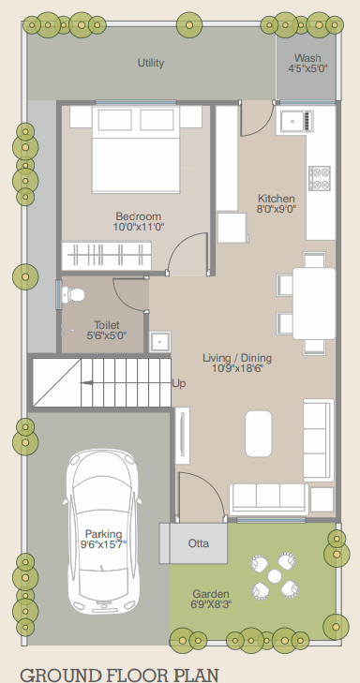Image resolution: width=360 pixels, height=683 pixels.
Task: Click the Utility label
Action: coord(151,64)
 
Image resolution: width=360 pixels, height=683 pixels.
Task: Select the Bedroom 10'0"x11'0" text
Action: coord(139,221)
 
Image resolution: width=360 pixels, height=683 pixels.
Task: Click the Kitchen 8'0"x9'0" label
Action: coord(277,204)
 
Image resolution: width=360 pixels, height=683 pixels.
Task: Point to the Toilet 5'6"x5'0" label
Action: coord(106,330)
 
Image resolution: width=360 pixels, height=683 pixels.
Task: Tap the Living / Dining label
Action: coord(236,364)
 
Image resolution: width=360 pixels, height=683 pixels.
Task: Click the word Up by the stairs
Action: coord(180,383)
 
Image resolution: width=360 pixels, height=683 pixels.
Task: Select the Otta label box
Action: coord(198,543)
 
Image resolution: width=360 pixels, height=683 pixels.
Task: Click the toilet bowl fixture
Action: coord(71,295)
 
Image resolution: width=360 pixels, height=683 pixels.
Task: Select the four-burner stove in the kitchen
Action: coord(320,178)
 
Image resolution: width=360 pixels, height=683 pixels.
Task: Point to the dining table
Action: coord(313,303)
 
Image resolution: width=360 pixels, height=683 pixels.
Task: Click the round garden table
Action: coord(274,576)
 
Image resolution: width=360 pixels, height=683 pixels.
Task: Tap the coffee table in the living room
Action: coord(260,432)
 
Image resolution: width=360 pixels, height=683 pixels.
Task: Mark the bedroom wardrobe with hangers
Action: coord(106,254)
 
